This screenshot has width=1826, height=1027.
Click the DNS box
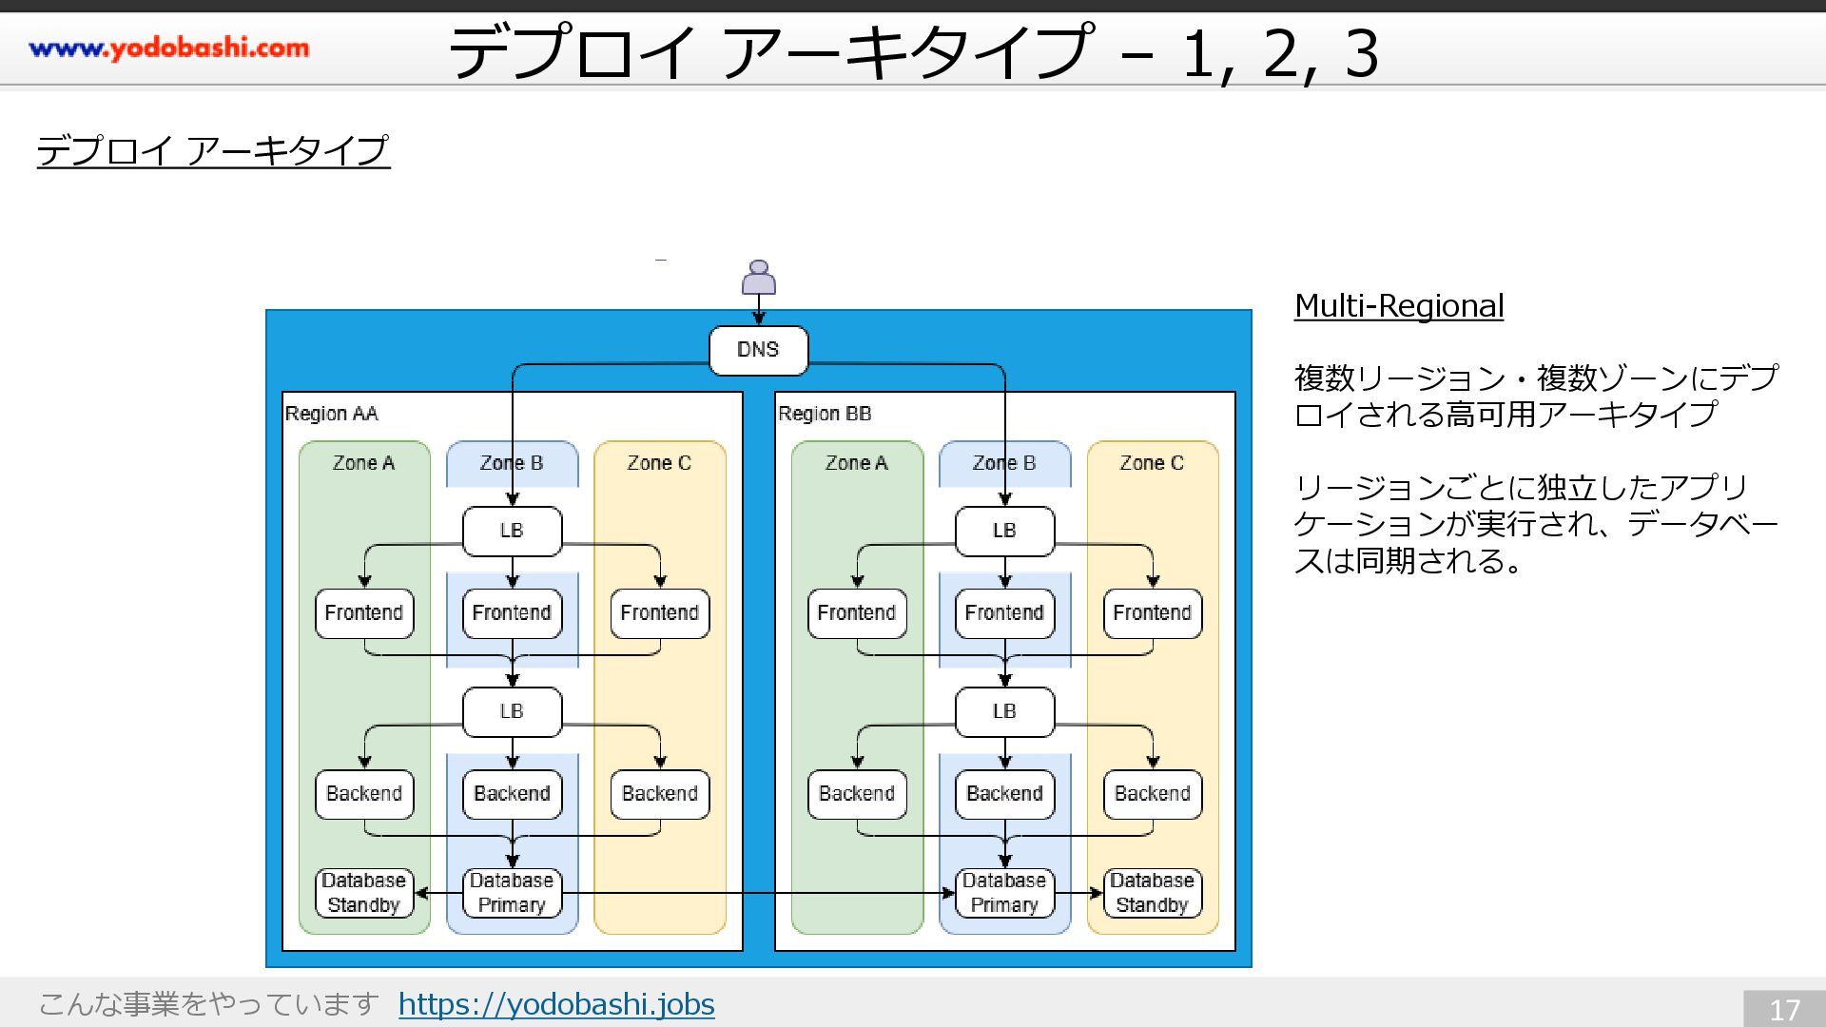758,350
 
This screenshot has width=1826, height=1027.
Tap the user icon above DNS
758,278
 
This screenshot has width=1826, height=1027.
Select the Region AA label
331,414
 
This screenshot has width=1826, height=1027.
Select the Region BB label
825,414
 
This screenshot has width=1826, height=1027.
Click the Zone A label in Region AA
363,463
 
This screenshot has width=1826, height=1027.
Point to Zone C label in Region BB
1152,463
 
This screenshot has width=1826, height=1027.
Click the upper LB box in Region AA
512,531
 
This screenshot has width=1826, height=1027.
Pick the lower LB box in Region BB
1004,711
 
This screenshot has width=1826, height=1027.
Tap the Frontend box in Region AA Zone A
364,613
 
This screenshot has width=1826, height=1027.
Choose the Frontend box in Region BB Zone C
1153,613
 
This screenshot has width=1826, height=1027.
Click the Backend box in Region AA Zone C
660,794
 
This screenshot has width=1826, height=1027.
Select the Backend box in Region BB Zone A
857,794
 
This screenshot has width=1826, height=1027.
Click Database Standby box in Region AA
364,893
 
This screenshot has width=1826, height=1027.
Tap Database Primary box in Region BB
1004,893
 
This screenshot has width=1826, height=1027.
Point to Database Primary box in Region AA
512,893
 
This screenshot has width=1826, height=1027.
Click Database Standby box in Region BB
1153,893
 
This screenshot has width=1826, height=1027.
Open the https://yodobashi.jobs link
556,1004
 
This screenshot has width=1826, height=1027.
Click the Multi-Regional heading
1399,306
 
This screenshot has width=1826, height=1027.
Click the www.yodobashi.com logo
169,48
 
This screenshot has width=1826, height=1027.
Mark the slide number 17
1784,1009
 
